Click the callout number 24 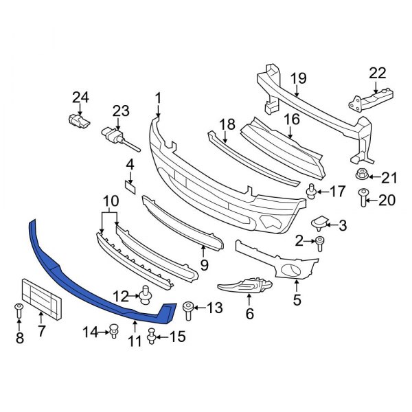[x=80, y=98]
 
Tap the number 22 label [x=378, y=73]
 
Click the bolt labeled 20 [x=363, y=200]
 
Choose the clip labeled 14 [x=111, y=332]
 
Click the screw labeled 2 [x=320, y=240]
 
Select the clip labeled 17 [x=312, y=191]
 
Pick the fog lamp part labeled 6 [x=244, y=286]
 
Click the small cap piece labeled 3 [x=321, y=222]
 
